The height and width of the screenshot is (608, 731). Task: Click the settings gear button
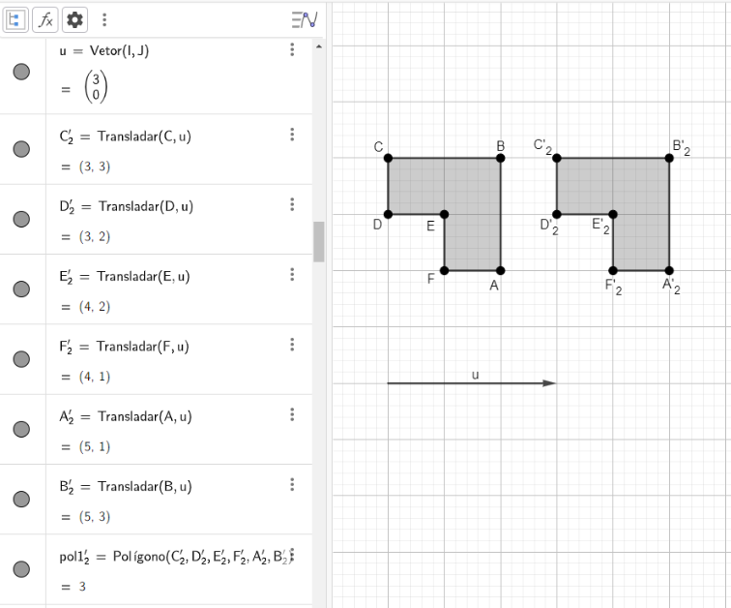coord(74,19)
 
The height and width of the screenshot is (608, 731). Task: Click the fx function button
coord(45,19)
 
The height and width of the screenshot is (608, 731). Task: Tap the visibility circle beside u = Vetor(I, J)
coord(21,72)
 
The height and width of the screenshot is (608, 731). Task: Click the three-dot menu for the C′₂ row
coord(292,135)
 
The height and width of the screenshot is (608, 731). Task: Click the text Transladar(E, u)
coord(143,277)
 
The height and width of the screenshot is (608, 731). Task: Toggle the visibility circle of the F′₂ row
coord(21,359)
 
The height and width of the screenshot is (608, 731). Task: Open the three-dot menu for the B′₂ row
coord(292,484)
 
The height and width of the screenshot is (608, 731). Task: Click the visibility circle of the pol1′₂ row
coord(21,569)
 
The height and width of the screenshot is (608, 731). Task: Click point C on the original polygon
coord(389,158)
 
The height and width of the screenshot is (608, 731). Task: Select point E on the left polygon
coord(444,215)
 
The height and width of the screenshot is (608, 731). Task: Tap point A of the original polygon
coord(501,271)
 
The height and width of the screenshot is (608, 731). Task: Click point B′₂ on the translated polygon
coord(669,158)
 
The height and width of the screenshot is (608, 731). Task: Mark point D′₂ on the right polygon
coord(557,215)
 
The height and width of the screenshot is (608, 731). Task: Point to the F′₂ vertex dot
coord(613,271)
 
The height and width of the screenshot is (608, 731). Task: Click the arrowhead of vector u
coord(550,383)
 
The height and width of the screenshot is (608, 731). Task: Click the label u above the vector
coord(475,375)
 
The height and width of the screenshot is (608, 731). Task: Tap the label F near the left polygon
coord(431,279)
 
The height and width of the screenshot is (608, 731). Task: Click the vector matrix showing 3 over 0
coord(96,87)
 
